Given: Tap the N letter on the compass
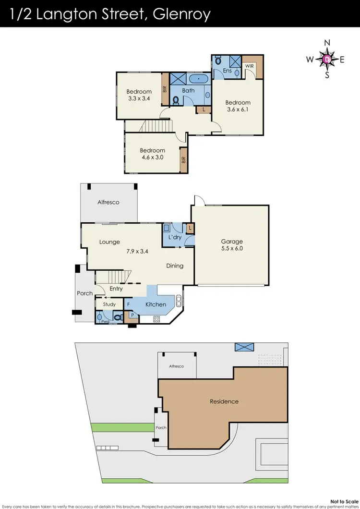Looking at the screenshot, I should [x=327, y=43].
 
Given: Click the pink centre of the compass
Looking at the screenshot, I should [x=327, y=60].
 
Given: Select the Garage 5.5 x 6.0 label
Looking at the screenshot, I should [x=232, y=245].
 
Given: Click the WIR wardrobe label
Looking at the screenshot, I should [x=249, y=66].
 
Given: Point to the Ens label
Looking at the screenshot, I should [x=228, y=71].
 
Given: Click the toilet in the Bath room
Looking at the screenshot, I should [x=176, y=100].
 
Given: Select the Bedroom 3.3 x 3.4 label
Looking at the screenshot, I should [x=139, y=95].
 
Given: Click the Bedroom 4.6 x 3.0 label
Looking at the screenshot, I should [x=153, y=154].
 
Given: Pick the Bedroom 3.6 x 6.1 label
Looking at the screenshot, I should [x=238, y=106].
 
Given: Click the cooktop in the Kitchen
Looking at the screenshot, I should [x=156, y=319].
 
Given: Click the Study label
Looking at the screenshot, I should [x=109, y=304].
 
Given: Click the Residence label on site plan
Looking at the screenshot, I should [x=224, y=401].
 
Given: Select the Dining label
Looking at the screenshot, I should [x=175, y=266].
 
